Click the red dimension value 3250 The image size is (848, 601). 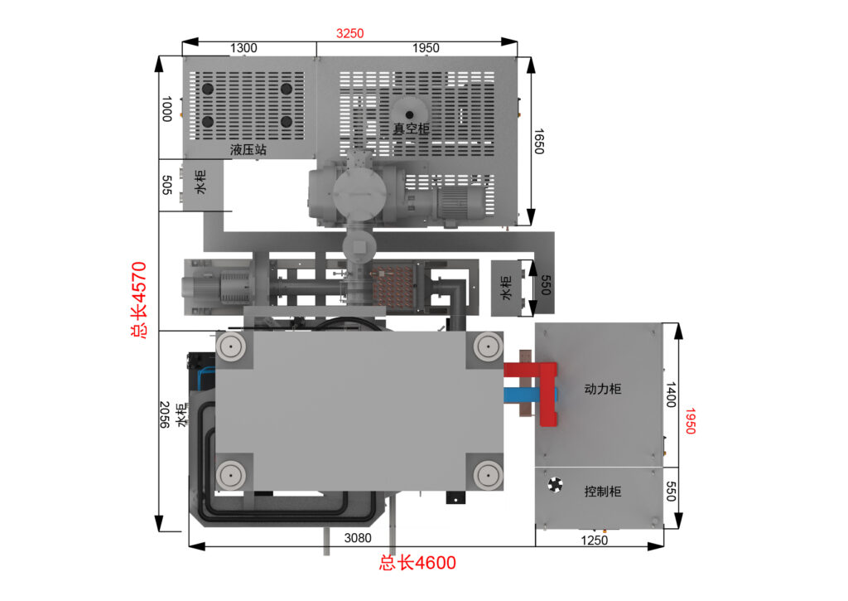(350, 33)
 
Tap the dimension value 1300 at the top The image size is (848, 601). (243, 48)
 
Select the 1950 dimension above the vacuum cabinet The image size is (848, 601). (426, 48)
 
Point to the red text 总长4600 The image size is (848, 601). (417, 563)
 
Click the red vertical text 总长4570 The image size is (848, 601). (139, 299)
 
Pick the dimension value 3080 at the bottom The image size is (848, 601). (358, 538)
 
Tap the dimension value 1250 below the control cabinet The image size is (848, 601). (594, 540)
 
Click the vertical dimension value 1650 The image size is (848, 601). (538, 141)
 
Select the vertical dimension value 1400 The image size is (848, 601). (671, 395)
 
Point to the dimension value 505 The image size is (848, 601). (167, 185)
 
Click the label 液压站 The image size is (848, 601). (248, 150)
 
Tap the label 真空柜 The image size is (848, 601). (411, 128)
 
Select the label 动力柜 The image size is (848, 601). (603, 389)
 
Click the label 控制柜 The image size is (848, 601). (603, 491)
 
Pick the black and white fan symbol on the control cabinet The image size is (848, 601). (556, 485)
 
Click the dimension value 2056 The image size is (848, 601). (165, 414)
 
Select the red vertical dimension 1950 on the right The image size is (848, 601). (690, 421)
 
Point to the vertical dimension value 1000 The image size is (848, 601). (167, 109)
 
